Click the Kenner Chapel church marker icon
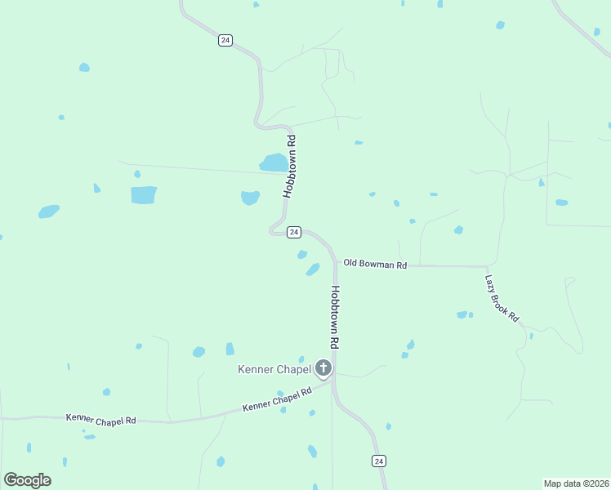coord(323,369)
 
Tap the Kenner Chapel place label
coord(274,369)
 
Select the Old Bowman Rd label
coord(375,264)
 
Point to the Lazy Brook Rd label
coord(502,297)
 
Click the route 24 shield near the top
coord(225,40)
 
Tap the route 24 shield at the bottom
coord(379,461)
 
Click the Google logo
coord(27,480)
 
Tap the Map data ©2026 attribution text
coord(577,483)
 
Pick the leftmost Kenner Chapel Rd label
coord(100,419)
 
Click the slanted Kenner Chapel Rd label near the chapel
coord(278,399)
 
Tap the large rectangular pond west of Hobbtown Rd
coord(143,195)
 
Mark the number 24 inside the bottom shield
coord(379,461)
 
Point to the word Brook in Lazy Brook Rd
coord(503,298)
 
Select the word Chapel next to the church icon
coord(294,369)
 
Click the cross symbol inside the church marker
coord(323,367)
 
